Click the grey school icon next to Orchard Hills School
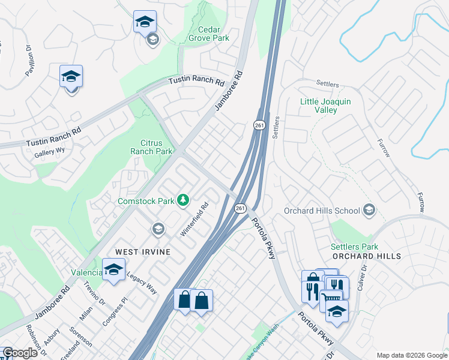(x=369, y=210)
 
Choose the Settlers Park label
(x=354, y=247)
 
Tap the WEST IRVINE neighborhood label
(x=143, y=251)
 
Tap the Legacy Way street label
(x=142, y=283)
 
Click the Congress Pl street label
(x=115, y=311)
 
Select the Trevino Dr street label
(x=94, y=293)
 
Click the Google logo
(x=19, y=353)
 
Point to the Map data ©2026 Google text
(x=411, y=355)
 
